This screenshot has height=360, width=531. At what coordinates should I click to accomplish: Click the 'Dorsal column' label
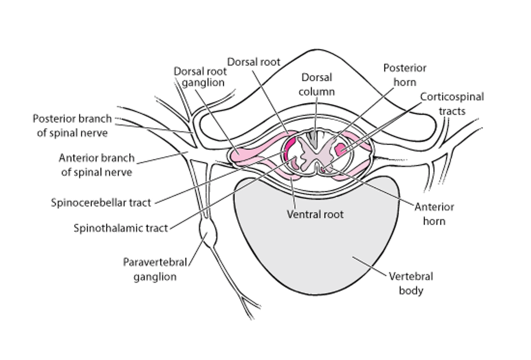tap(317, 84)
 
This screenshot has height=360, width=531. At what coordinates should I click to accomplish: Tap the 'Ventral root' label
tap(315, 215)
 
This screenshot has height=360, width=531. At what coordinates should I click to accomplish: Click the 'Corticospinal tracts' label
tap(452, 104)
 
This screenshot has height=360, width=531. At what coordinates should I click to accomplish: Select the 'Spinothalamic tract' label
tap(121, 228)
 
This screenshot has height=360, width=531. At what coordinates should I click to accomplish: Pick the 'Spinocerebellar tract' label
tap(101, 203)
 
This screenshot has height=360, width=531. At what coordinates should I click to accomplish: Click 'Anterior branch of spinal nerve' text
tap(97, 165)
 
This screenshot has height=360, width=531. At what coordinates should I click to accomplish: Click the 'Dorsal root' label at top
tap(254, 62)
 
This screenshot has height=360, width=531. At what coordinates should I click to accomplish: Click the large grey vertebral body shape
tap(315, 243)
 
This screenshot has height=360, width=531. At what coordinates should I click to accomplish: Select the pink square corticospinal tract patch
tap(340, 149)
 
